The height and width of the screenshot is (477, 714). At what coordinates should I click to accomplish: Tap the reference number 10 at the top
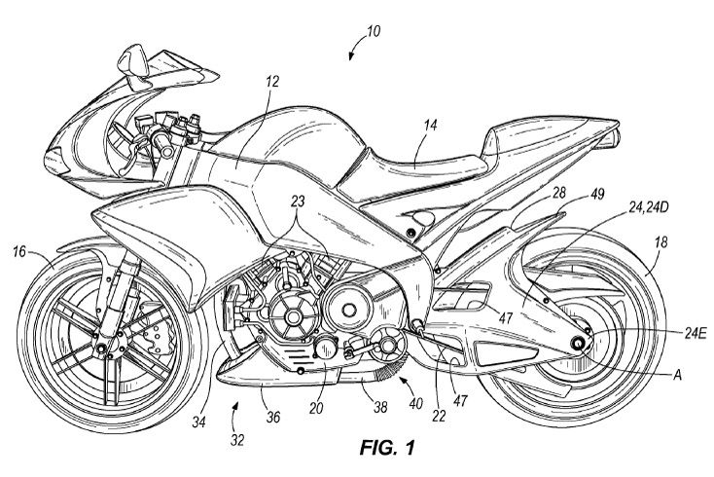(x=375, y=30)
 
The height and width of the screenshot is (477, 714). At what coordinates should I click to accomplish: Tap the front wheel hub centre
(x=104, y=343)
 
